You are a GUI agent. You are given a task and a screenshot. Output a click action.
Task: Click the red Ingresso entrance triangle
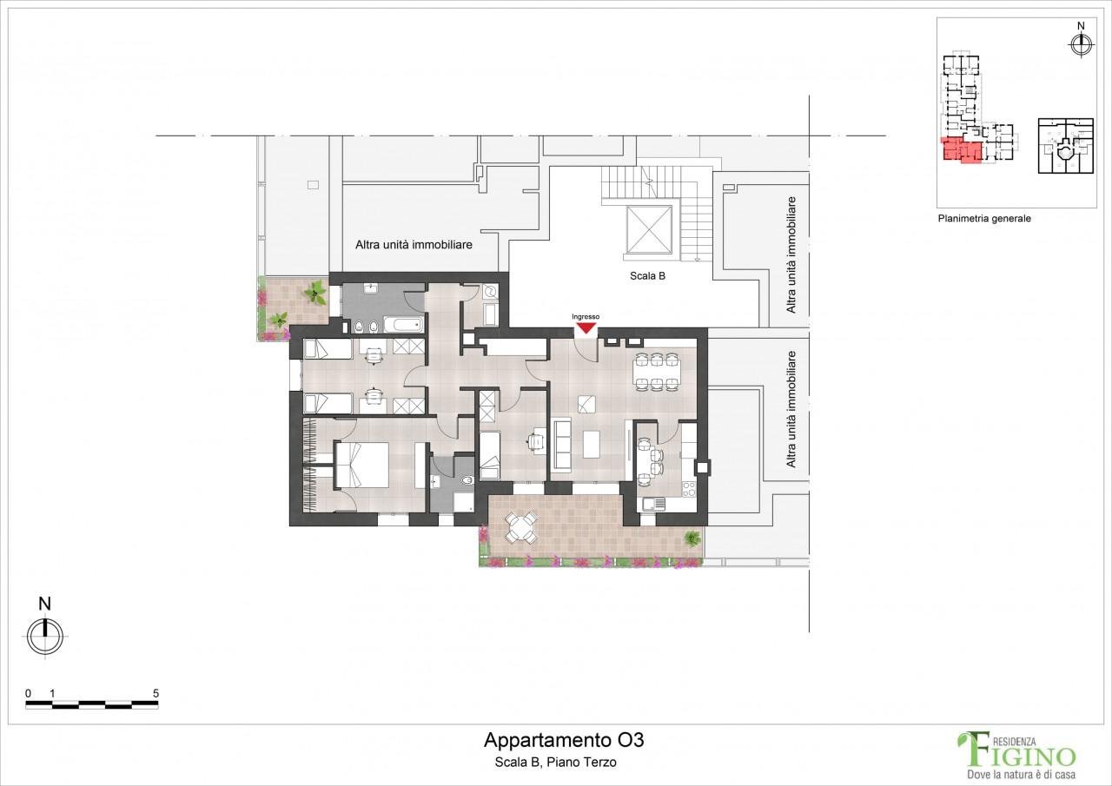click(x=586, y=328)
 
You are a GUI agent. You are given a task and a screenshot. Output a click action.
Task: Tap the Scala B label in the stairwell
click(x=647, y=276)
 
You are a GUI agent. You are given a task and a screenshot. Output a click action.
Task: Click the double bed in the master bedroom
click(x=361, y=465)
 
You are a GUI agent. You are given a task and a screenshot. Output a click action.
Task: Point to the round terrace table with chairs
click(x=520, y=528)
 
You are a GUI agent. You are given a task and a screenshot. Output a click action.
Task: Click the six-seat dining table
click(x=656, y=373)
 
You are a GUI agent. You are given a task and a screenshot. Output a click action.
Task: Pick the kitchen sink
click(x=654, y=504)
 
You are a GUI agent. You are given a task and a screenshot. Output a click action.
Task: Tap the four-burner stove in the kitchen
click(x=689, y=489)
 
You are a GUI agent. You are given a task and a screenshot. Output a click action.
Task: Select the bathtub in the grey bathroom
click(x=402, y=325)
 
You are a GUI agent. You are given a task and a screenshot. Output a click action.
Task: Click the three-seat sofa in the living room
click(x=561, y=444)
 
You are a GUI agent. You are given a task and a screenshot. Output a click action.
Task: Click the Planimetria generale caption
click(x=984, y=218)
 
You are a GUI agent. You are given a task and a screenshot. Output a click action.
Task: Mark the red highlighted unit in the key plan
click(x=962, y=150)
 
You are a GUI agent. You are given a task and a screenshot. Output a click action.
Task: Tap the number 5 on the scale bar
click(x=156, y=693)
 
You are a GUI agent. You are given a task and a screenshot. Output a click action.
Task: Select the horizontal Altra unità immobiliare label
click(x=414, y=245)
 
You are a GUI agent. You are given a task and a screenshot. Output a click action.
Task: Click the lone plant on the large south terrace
click(x=692, y=538)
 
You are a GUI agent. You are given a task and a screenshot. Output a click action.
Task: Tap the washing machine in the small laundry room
click(x=491, y=291)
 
